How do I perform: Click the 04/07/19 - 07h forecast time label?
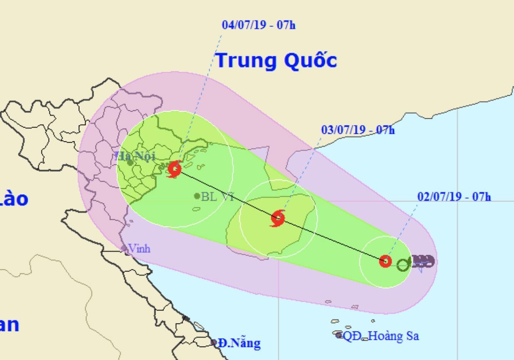pyautogui.click(x=258, y=25)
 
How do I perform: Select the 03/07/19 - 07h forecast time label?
pyautogui.click(x=358, y=130)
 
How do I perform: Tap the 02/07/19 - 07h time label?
pyautogui.click(x=454, y=196)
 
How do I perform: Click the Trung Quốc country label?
pyautogui.click(x=276, y=61)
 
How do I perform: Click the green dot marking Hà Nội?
pyautogui.click(x=130, y=162)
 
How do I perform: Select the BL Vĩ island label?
pyautogui.click(x=217, y=196)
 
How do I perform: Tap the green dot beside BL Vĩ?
pyautogui.click(x=197, y=196)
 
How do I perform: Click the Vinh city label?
pyautogui.click(x=139, y=248)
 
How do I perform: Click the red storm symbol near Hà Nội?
pyautogui.click(x=174, y=170)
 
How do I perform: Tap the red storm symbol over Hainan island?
pyautogui.click(x=278, y=218)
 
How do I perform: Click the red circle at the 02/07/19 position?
pyautogui.click(x=385, y=261)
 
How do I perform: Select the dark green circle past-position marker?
pyautogui.click(x=403, y=264)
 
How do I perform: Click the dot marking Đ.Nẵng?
pyautogui.click(x=214, y=342)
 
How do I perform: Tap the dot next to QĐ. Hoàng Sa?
pyautogui.click(x=339, y=335)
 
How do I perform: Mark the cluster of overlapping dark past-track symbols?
pyautogui.click(x=423, y=261)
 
